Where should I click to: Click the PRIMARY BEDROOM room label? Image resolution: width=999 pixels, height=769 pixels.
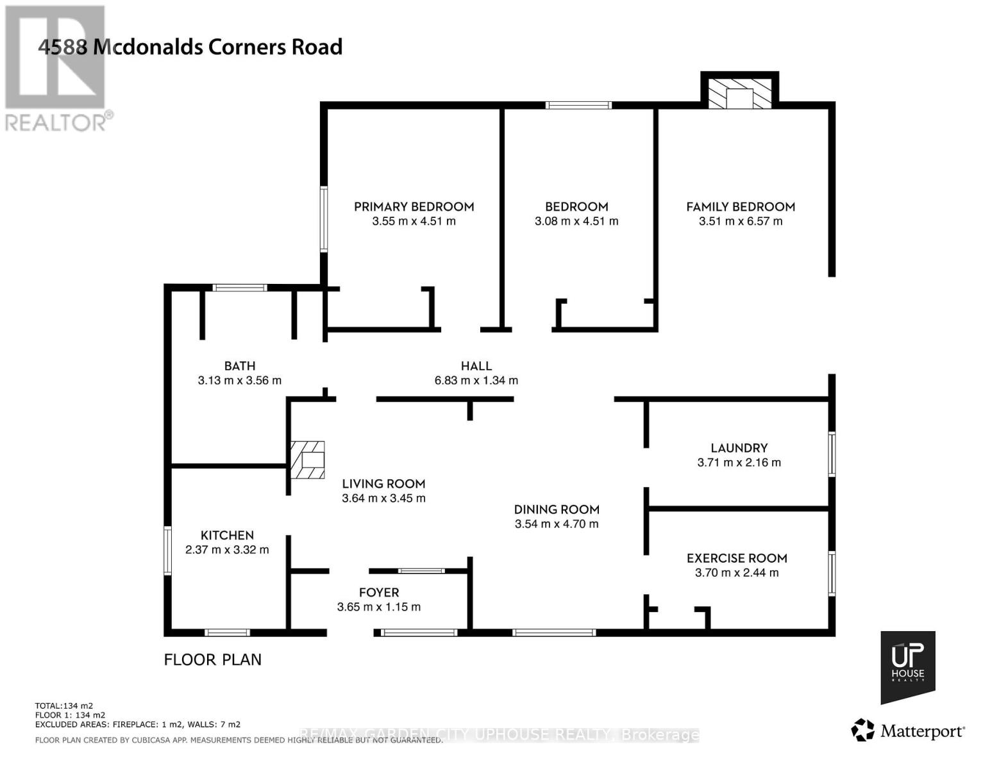coord(414,206)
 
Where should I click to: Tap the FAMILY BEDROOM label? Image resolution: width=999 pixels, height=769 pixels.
coord(741,206)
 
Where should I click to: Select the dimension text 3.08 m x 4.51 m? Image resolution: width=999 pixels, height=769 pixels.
coord(576,221)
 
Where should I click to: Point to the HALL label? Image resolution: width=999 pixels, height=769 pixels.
coord(476,366)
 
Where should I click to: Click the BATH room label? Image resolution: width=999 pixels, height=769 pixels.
coord(240,366)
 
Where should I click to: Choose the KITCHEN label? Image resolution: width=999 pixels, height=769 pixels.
coord(227,535)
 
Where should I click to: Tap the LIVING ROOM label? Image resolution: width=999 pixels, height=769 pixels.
coord(383,484)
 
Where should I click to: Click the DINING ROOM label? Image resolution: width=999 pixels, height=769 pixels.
coord(557,509)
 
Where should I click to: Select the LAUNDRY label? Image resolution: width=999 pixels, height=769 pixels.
coord(739,448)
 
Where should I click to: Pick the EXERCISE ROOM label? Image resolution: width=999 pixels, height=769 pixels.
coord(737,558)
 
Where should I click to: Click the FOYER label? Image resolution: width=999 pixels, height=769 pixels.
coord(379,593)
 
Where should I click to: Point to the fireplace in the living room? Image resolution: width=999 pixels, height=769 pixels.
coord(308,460)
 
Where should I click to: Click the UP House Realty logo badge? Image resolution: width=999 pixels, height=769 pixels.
coord(907,666)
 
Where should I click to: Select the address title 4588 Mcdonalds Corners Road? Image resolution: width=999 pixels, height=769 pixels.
coord(190,47)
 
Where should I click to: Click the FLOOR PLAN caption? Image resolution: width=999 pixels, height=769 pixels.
coord(213,659)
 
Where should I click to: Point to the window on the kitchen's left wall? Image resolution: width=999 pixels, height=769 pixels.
coord(168,550)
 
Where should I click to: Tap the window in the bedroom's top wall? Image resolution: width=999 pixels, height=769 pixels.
coord(578,105)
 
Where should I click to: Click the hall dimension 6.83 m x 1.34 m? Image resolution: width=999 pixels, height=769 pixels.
coord(476,380)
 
